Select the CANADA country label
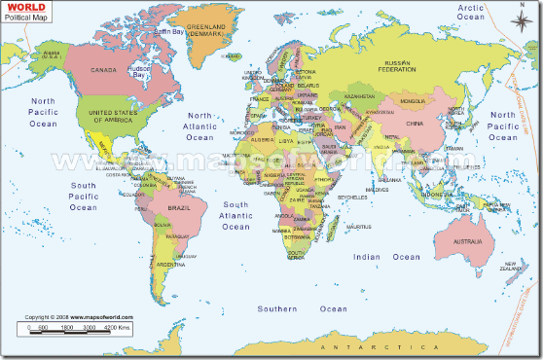tap(103, 70)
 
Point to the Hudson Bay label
tap(141, 72)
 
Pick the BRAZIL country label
tap(179, 208)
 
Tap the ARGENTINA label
tap(168, 264)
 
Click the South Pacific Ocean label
tap(83, 195)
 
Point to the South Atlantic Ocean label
tap(236, 215)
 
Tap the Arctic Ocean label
tap(471, 12)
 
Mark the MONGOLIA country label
tap(414, 100)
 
